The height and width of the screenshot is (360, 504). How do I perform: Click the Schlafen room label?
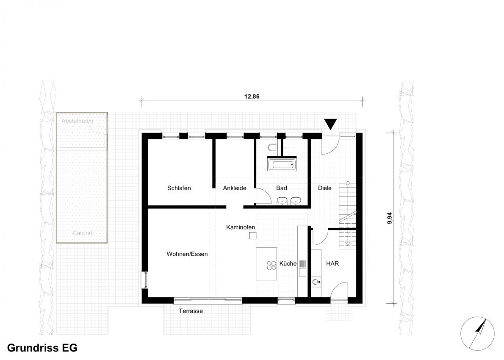179,188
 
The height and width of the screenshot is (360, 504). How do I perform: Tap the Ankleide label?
235,188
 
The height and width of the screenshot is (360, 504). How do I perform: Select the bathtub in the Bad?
282,165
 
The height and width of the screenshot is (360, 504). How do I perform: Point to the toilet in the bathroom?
273,147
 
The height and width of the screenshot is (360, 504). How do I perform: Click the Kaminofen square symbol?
253,235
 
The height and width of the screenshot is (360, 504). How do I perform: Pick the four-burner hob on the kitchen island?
271,265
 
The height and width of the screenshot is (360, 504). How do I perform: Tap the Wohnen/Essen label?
187,254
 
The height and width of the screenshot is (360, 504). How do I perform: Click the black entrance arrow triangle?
330,124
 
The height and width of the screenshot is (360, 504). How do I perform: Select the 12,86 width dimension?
252,97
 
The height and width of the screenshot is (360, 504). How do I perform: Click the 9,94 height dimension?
390,218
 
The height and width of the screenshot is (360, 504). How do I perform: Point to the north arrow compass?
477,333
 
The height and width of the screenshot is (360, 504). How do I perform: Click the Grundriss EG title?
42,348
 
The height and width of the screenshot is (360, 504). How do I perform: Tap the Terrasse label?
191,311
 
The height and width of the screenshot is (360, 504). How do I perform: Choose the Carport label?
83,233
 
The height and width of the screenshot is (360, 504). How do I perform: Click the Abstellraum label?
78,121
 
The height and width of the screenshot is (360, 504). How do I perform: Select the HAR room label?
332,263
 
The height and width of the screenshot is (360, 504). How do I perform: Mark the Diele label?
325,188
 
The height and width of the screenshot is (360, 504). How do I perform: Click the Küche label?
288,263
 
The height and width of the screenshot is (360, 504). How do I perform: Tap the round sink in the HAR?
316,282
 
